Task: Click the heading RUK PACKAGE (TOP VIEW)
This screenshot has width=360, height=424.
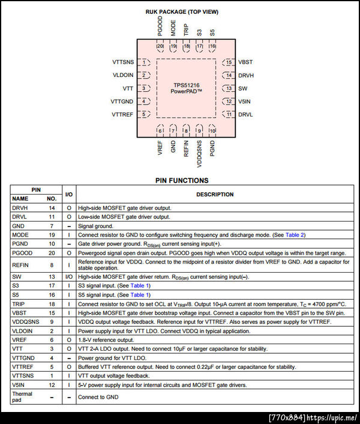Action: (182, 11)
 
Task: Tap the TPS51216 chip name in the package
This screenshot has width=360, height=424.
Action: (186, 85)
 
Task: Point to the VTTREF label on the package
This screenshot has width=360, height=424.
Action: (122, 114)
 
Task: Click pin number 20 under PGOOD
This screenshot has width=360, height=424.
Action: (160, 46)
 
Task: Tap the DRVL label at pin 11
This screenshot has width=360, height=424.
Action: (245, 114)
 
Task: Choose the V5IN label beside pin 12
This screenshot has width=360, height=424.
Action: (244, 101)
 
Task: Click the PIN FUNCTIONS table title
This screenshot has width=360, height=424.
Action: (182, 180)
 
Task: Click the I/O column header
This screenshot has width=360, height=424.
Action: (69, 195)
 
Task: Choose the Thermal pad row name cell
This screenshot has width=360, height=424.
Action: (23, 397)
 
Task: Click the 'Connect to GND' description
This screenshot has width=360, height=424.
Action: (98, 397)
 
